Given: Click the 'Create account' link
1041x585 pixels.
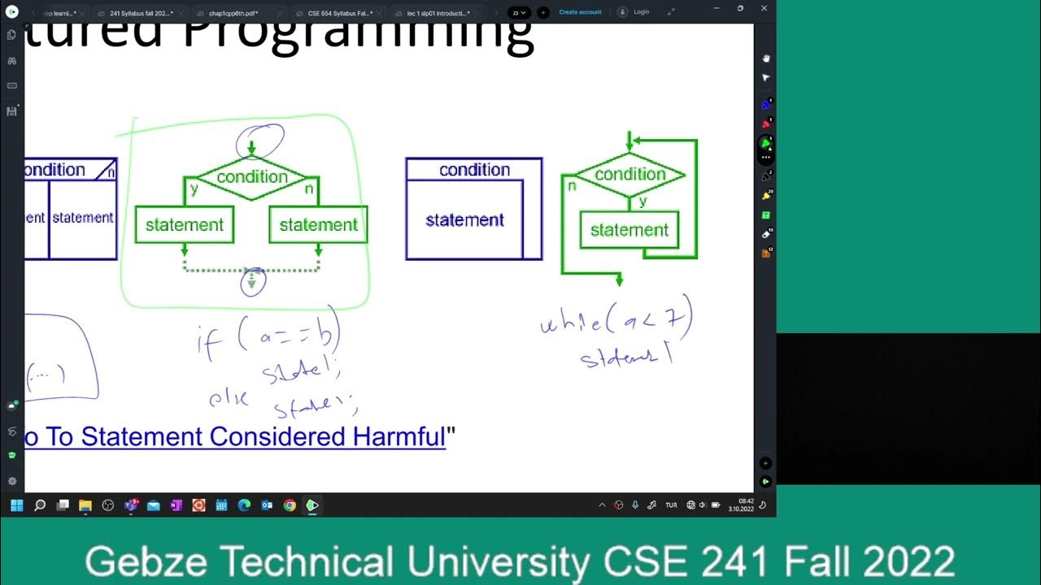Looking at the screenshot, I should point(580,12).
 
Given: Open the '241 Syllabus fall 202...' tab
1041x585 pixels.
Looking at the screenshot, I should point(141,13).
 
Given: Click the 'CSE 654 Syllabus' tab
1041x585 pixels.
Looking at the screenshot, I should point(339,13).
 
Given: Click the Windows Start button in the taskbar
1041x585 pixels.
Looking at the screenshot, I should point(16,505).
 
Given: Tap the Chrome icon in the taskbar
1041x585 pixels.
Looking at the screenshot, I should point(290,505).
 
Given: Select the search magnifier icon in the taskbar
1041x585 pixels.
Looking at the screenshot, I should point(39,505).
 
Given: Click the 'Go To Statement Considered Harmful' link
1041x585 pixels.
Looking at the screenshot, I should point(236,437).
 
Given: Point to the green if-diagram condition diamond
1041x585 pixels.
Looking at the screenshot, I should point(252,177).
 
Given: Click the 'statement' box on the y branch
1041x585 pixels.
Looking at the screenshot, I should point(185,225).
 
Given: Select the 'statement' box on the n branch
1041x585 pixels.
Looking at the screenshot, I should point(318,225).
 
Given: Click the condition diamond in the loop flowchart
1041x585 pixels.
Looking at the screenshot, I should point(629,175).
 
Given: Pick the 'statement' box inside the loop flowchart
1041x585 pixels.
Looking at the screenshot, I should point(629,230).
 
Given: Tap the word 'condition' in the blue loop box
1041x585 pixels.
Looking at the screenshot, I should point(474,170).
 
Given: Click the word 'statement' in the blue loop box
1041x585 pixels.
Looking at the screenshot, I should point(464,220).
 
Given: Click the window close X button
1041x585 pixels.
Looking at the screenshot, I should point(764,8).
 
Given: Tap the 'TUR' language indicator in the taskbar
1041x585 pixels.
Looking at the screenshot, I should point(671,505).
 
